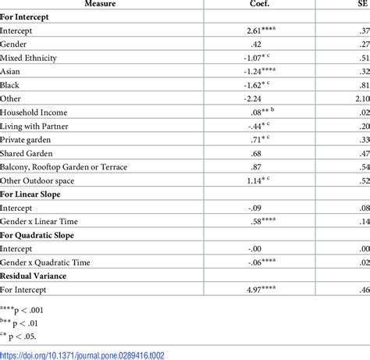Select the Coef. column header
click(268, 4)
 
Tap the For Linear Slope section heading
click(36, 194)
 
